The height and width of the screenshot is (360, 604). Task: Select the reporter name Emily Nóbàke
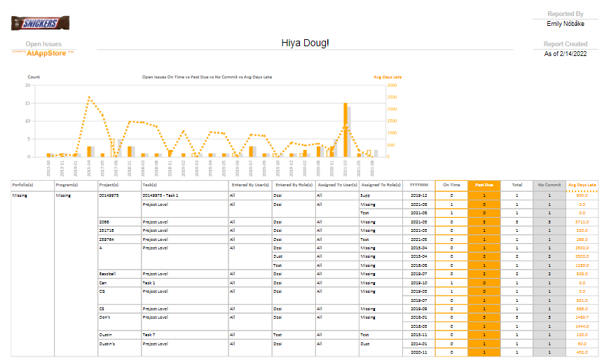coord(565,23)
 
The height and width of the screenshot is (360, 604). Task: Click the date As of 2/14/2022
coord(565,54)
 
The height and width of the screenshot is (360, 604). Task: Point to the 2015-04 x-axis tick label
coord(89,169)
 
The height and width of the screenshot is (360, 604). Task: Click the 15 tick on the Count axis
coord(27,103)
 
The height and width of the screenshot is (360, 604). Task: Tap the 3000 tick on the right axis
coord(392,85)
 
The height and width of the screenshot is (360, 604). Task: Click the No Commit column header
coord(549,185)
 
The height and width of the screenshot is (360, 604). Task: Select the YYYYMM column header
coord(419,185)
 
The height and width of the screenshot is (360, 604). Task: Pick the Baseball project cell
coord(108,274)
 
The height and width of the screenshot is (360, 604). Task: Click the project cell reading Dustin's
coord(108,344)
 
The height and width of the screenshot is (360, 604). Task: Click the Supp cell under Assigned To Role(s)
coord(365,195)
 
